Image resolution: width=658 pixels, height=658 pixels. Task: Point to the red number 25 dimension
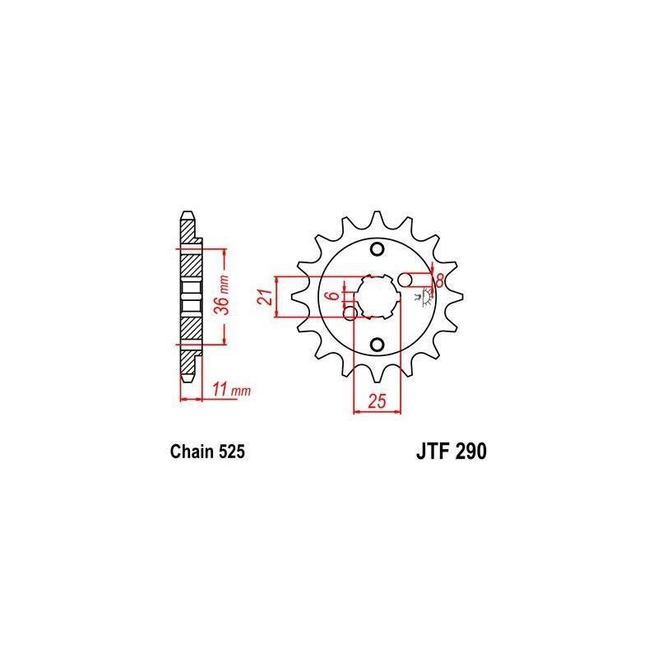(376, 402)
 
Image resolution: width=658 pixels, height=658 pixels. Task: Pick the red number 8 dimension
(439, 280)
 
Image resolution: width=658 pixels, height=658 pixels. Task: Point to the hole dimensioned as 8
(406, 280)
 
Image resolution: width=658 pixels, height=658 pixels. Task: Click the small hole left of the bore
(350, 313)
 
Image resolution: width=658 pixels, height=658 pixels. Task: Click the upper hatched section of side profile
(189, 262)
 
